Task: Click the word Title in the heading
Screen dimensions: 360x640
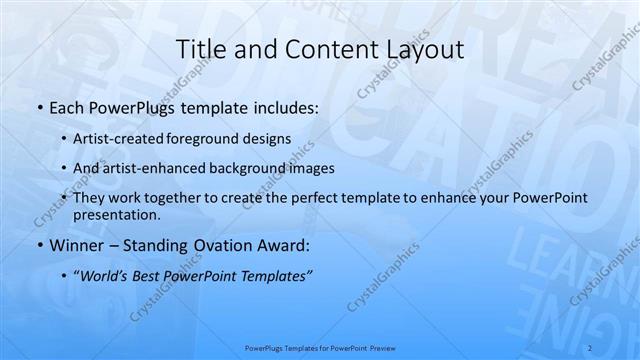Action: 200,50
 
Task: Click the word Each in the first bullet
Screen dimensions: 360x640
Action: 67,106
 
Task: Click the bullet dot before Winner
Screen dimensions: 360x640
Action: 38,246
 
